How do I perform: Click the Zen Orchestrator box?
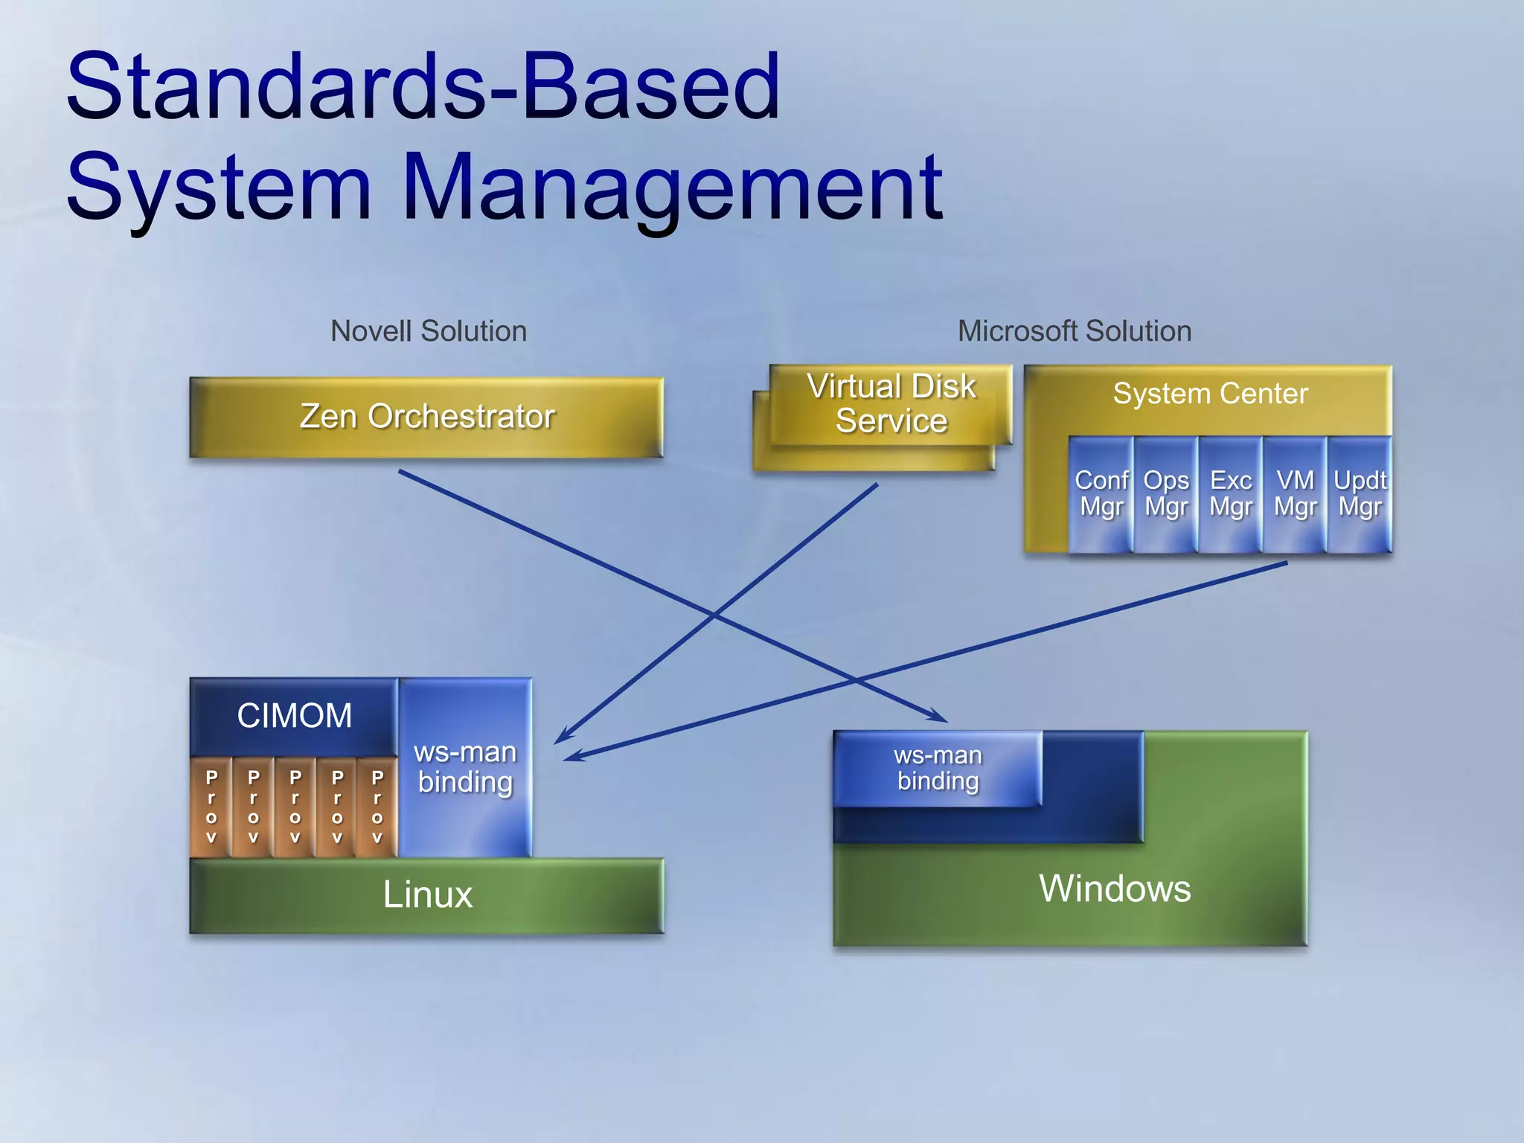[426, 417]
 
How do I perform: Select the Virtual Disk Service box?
[891, 404]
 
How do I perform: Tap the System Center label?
[1210, 394]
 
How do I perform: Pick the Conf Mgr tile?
[1101, 494]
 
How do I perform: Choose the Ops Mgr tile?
[1165, 494]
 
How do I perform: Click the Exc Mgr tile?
[1230, 494]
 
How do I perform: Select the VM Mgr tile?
[1295, 494]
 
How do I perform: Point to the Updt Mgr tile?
[1360, 494]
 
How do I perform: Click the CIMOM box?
[294, 716]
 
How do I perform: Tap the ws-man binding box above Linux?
[465, 767]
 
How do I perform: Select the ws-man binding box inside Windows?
[938, 768]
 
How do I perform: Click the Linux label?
[427, 894]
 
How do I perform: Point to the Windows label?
[1114, 889]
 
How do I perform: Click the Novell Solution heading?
[429, 331]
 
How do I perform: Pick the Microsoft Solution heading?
[1074, 331]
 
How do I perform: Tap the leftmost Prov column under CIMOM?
[211, 807]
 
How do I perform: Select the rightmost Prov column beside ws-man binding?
[377, 807]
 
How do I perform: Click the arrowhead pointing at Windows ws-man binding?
[939, 717]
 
